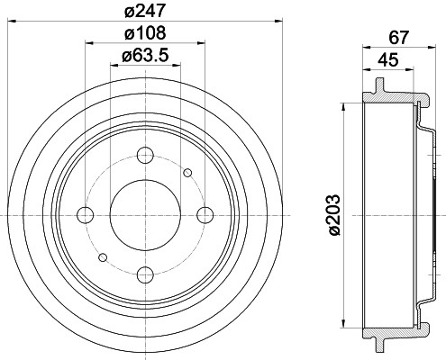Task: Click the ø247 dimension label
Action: point(145,11)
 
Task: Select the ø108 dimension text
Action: point(145,33)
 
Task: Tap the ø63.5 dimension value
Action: point(145,55)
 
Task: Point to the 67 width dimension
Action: point(399,38)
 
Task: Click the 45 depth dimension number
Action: point(388,59)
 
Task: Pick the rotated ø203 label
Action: point(333,215)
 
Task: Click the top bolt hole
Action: point(145,156)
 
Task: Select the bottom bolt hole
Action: point(145,274)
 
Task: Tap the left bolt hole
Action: point(86,215)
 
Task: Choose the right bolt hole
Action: point(205,215)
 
